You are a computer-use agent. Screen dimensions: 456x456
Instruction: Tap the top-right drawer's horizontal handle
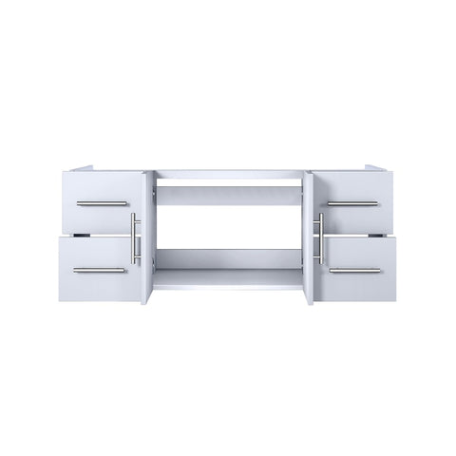coord(354,203)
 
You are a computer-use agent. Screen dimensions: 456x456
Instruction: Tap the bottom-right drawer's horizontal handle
coord(354,270)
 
